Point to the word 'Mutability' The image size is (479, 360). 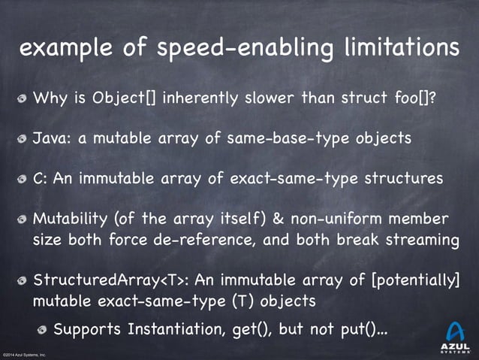coord(72,219)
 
